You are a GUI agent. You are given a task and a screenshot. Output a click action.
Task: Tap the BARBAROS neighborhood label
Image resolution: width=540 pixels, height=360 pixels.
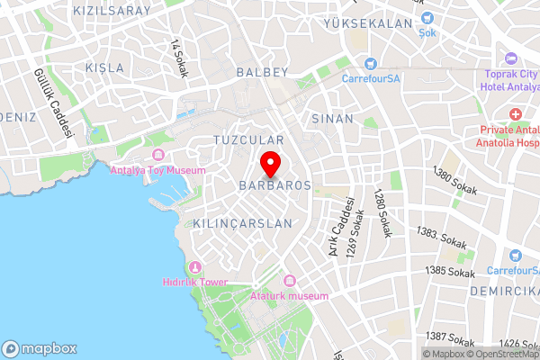pos(274,184)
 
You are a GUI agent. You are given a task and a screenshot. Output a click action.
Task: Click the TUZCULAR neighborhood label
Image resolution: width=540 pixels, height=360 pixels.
pos(249,140)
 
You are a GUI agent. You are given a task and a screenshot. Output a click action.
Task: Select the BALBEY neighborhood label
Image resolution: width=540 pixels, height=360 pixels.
pos(261,70)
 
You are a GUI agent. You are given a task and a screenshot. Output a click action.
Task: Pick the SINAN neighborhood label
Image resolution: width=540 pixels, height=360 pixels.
pos(332,119)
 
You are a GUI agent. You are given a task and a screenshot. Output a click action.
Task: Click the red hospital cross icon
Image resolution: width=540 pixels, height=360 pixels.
pos(516,114)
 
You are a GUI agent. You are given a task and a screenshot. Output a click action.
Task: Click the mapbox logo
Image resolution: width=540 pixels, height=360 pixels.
pos(39,348)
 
